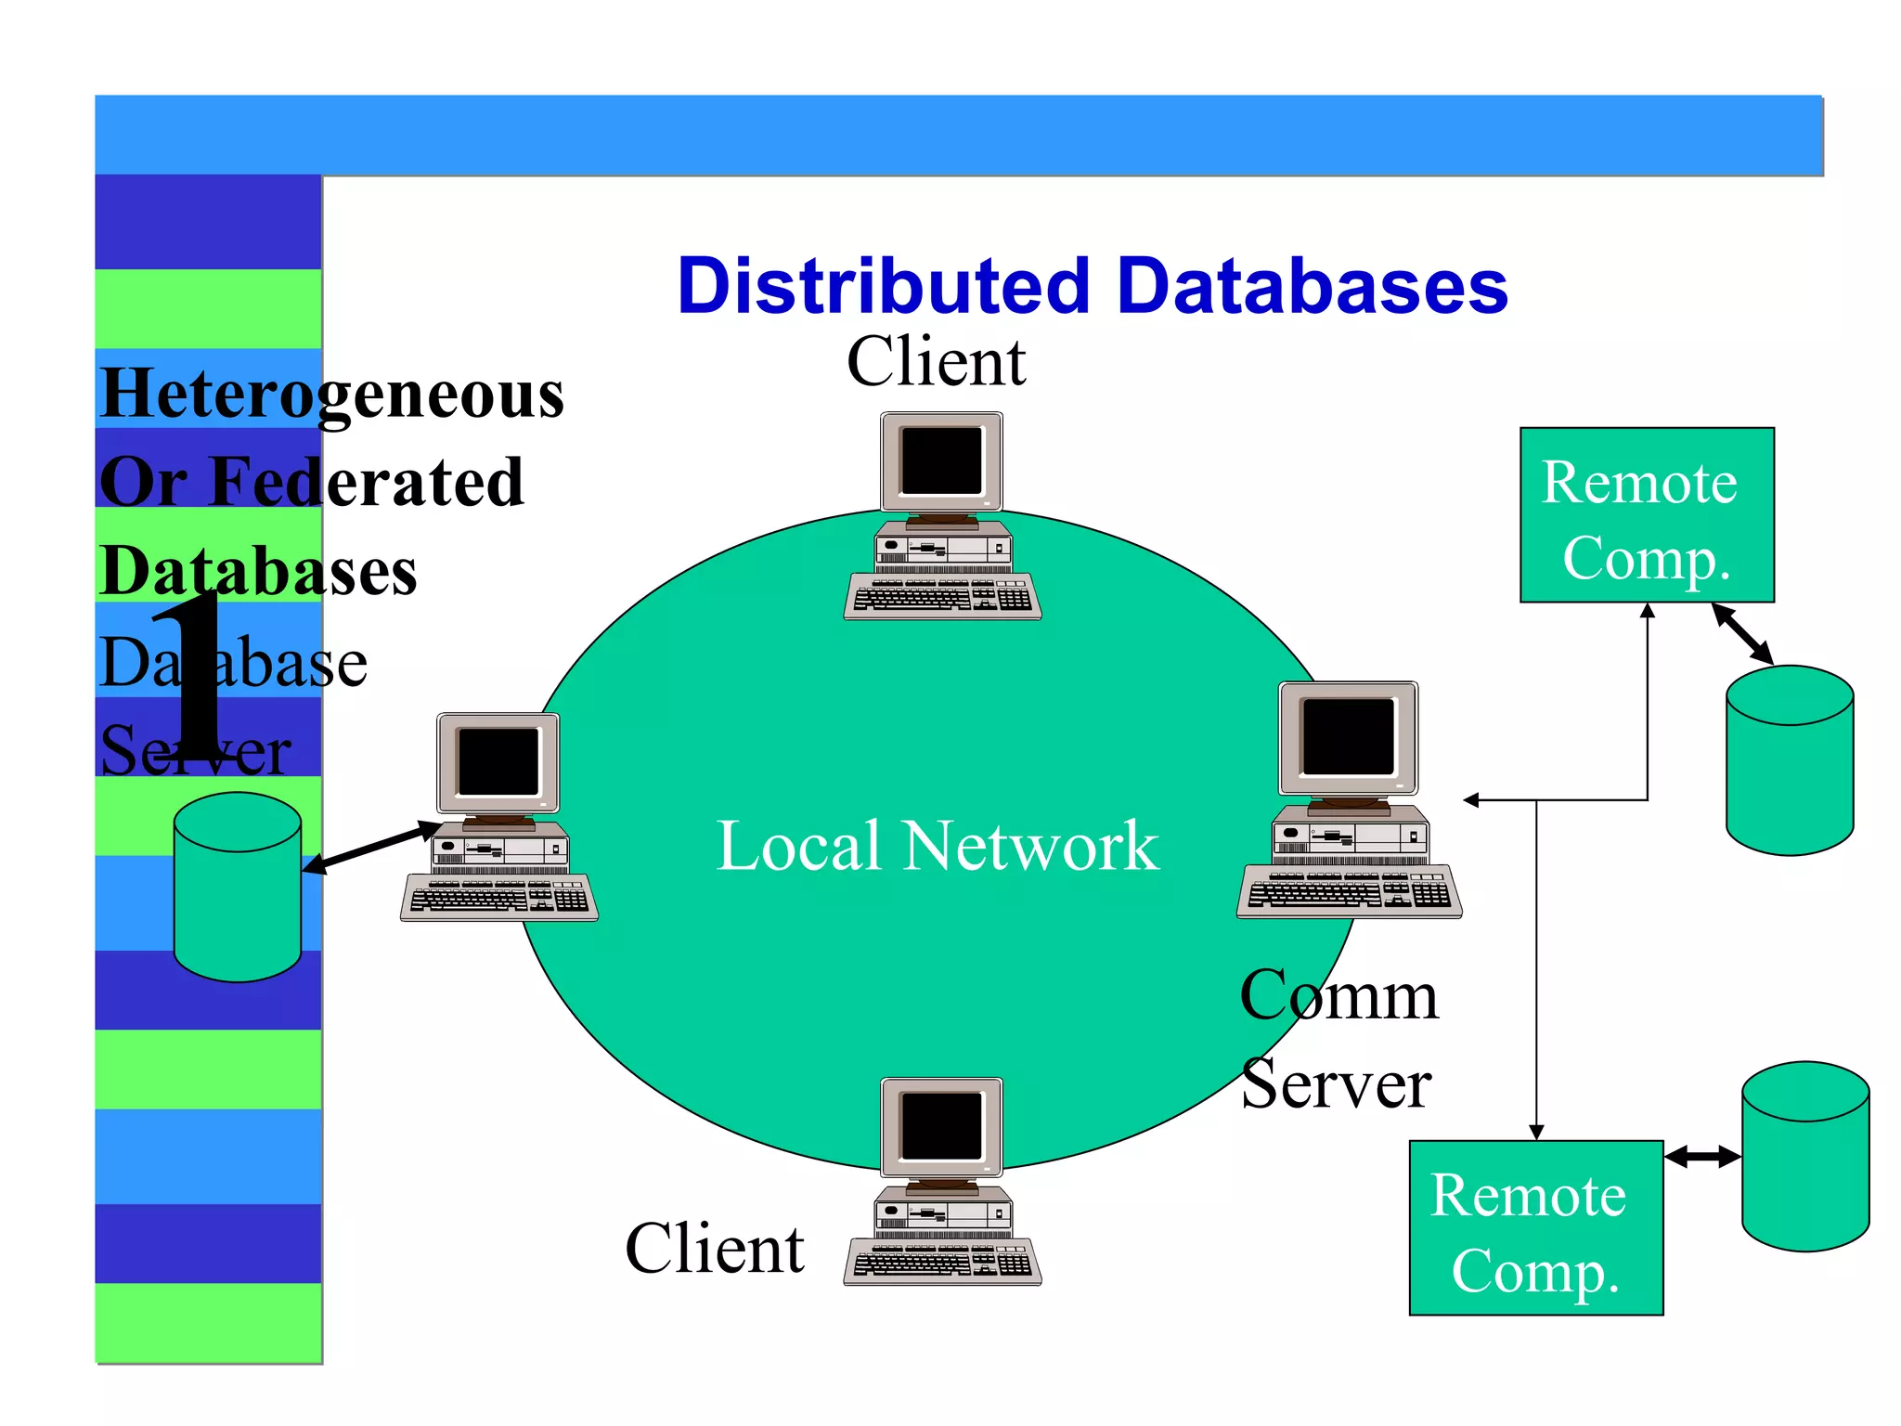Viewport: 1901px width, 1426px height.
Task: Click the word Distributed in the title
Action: pyautogui.click(x=882, y=286)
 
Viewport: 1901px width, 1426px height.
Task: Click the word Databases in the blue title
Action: pyautogui.click(x=1313, y=286)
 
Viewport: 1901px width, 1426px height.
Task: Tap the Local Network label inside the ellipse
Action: pyautogui.click(x=938, y=846)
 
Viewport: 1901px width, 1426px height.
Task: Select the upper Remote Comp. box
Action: pyautogui.click(x=1646, y=515)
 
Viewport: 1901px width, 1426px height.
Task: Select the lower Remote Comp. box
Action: pyautogui.click(x=1535, y=1228)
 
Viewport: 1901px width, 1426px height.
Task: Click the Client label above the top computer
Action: pyautogui.click(x=936, y=362)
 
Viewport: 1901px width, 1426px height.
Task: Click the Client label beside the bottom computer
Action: pyautogui.click(x=714, y=1249)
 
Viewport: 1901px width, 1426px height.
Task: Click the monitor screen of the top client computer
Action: pyautogui.click(x=941, y=460)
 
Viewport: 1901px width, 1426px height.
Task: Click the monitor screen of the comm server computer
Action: pyautogui.click(x=1347, y=736)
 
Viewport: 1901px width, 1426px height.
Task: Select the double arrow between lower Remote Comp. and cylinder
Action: pyautogui.click(x=1701, y=1157)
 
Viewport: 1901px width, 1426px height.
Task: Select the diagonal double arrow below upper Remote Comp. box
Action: pyautogui.click(x=1742, y=633)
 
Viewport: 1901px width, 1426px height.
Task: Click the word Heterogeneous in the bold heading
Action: pyautogui.click(x=331, y=395)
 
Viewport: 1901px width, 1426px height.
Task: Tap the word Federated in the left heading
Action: pyautogui.click(x=367, y=483)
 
